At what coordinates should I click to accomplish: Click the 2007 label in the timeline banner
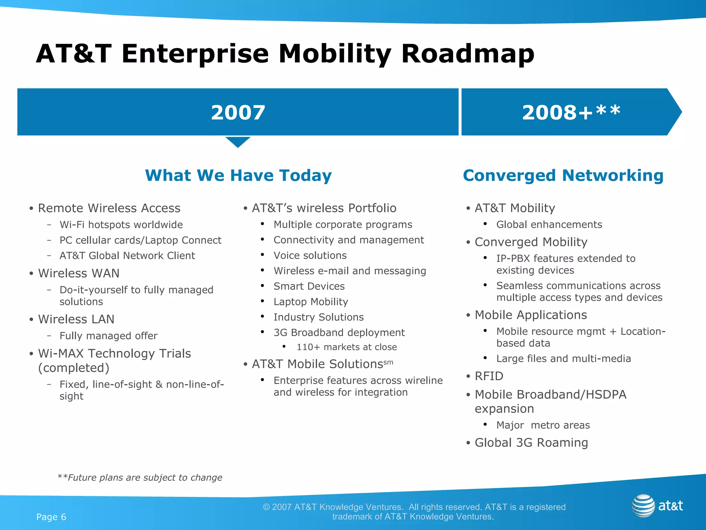tap(238, 112)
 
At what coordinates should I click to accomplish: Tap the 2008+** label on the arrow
tap(571, 112)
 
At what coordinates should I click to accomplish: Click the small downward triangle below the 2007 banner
tap(238, 141)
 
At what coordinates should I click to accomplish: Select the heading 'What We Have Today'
tap(238, 175)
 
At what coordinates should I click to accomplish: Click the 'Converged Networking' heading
tap(563, 175)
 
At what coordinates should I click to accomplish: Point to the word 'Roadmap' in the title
tap(467, 54)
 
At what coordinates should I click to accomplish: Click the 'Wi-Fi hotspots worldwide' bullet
tap(121, 225)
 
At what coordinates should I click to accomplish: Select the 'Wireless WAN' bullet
tap(79, 273)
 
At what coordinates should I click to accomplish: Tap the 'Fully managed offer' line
tap(108, 336)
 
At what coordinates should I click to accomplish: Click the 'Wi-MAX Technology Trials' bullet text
tap(114, 354)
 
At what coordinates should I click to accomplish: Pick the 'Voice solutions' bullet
tap(310, 255)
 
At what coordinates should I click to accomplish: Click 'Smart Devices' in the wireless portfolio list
tap(309, 286)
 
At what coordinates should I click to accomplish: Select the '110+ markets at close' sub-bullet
tap(346, 347)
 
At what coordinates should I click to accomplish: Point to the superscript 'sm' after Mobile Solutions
tap(388, 362)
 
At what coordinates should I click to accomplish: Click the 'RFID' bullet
tap(489, 376)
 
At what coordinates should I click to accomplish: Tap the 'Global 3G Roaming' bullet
tap(531, 443)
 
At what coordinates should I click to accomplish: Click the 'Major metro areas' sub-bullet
tap(543, 425)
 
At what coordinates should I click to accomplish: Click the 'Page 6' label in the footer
tap(51, 517)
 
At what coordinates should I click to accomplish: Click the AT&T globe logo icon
tap(643, 506)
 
